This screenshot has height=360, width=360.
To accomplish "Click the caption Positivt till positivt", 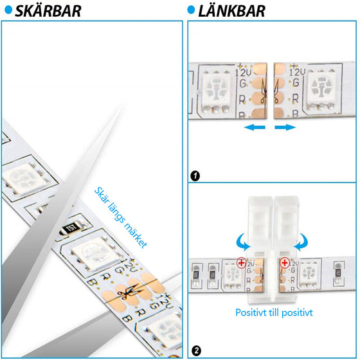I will (x=274, y=313).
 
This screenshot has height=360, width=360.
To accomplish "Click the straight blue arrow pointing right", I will (x=285, y=128).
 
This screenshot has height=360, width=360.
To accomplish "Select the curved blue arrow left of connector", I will (x=242, y=241).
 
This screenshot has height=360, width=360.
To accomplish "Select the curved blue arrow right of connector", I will (x=304, y=241).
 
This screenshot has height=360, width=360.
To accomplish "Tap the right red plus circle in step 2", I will (x=283, y=262).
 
